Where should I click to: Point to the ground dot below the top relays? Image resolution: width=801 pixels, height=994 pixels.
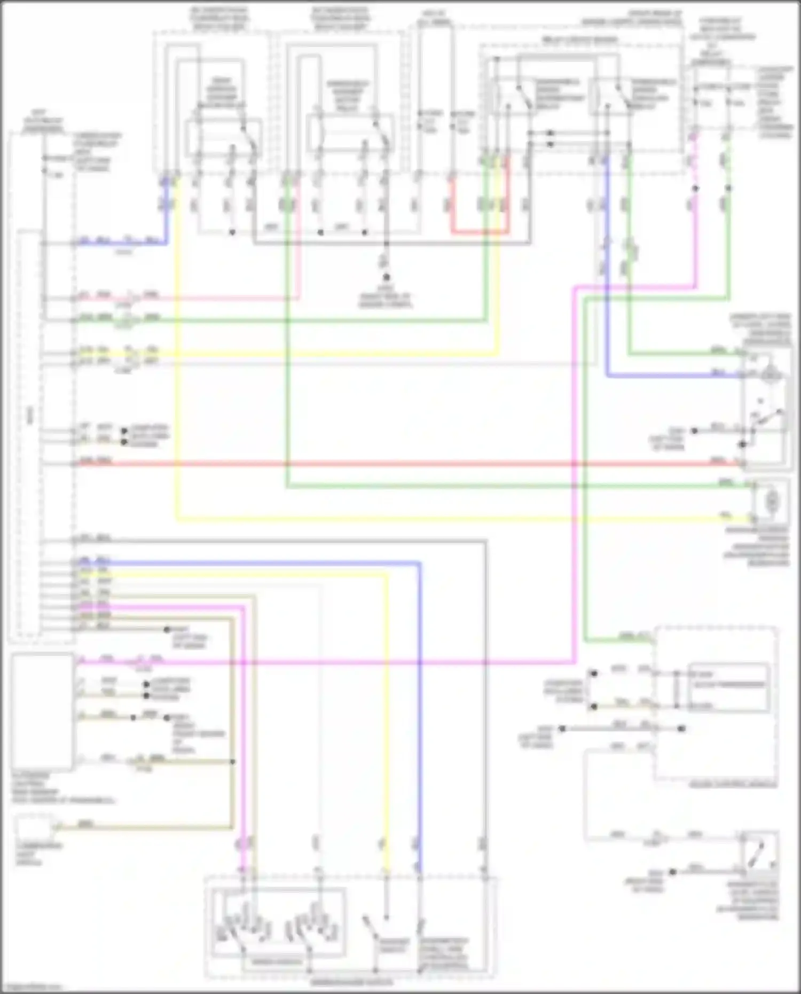[x=386, y=277]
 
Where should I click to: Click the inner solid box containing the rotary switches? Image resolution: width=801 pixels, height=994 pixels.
[x=278, y=922]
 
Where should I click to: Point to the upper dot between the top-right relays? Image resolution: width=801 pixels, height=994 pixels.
[x=551, y=133]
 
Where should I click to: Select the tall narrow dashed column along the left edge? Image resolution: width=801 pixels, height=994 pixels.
[x=30, y=433]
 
